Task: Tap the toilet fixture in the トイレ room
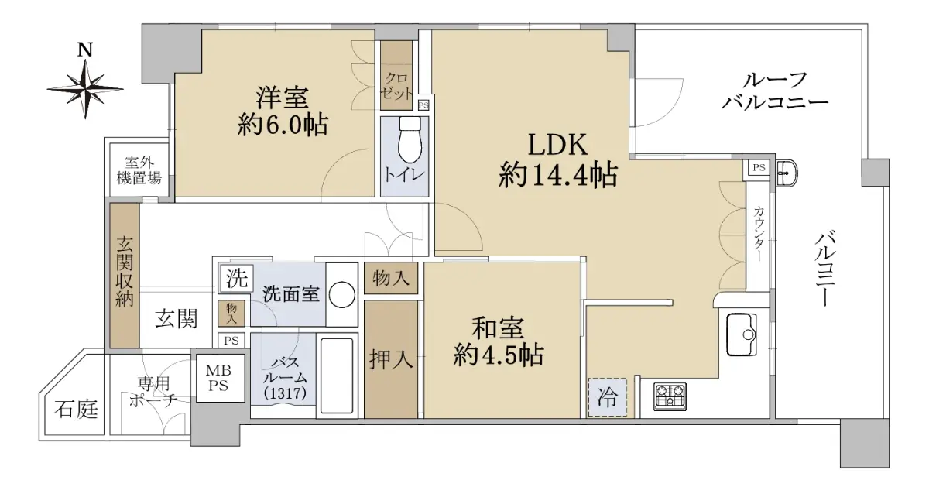[410, 140]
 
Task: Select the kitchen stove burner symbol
[670, 397]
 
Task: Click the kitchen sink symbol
[742, 334]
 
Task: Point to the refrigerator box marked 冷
[607, 397]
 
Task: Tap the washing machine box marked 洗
[236, 278]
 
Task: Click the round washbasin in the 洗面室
[341, 295]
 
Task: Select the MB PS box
[220, 378]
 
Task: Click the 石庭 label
[76, 410]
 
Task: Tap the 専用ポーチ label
[153, 392]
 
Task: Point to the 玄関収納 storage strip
[125, 276]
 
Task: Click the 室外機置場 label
[139, 170]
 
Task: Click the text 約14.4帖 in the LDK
[558, 175]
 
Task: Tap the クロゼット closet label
[396, 86]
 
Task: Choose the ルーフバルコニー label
[774, 91]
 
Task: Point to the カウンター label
[759, 234]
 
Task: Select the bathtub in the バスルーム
[338, 376]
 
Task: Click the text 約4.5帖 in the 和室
[498, 355]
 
